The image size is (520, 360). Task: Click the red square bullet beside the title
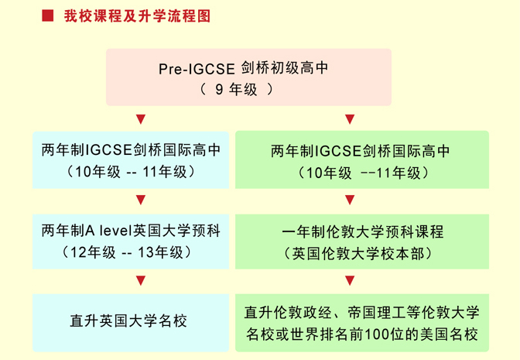pos(48,15)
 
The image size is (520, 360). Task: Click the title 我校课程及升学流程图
pos(137,16)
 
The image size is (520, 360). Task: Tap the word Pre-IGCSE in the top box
pos(197,69)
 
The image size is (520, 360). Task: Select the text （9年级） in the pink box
pos(237,90)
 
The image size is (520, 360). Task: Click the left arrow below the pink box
pos(141,119)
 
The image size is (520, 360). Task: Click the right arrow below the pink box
pos(350,119)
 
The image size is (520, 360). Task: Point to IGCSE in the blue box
pos(109,150)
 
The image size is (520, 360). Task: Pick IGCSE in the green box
pos(339,151)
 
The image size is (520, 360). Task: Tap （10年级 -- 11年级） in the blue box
pos(131,172)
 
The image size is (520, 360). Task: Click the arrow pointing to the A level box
pos(141,200)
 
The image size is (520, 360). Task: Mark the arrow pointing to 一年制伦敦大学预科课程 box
pos(350,200)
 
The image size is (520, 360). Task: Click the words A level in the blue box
pos(109,231)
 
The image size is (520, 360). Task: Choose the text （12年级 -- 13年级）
pos(126,252)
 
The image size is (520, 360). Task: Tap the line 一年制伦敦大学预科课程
pos(362,232)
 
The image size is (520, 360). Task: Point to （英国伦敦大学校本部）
pos(358,254)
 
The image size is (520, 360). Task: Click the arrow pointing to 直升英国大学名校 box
pos(141,281)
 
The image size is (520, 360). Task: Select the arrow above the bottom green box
pos(350,281)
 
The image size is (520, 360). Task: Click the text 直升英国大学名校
pos(128,321)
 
